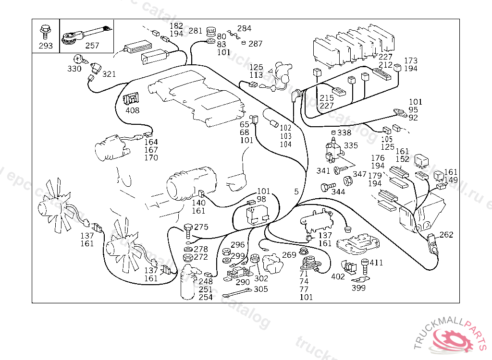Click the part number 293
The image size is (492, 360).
click(x=46, y=47)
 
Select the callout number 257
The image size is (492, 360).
click(x=92, y=46)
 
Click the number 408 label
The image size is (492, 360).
click(x=132, y=110)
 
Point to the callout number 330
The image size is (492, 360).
click(x=74, y=69)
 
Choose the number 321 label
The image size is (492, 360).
click(x=110, y=74)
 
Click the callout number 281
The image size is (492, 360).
click(x=196, y=31)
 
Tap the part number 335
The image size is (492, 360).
click(x=351, y=145)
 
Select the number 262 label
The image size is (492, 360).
click(x=446, y=235)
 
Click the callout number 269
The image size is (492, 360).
click(x=289, y=255)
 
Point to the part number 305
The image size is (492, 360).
click(x=261, y=289)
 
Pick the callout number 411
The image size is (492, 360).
click(x=376, y=263)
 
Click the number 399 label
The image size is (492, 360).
click(x=358, y=288)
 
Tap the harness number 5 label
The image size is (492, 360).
click(x=296, y=192)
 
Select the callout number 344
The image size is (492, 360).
click(x=338, y=192)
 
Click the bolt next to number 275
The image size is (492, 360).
click(x=188, y=229)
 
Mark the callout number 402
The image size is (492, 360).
click(x=338, y=276)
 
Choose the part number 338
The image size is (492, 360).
click(x=344, y=132)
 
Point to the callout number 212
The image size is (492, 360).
click(x=386, y=65)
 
